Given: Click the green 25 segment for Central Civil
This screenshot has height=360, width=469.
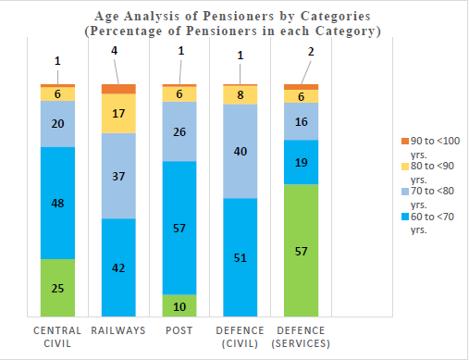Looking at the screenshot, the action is (57, 288).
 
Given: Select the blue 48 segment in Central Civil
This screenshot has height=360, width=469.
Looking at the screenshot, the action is (57, 203).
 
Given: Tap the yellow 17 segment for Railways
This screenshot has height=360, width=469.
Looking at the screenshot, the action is (118, 113).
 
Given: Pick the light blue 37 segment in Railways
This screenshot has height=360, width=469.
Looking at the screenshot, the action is (118, 176).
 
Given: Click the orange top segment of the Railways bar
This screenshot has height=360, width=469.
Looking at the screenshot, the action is (118, 89).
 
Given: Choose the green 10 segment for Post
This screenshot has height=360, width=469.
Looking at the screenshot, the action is (179, 305).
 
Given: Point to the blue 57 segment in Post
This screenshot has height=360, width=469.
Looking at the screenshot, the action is (179, 228).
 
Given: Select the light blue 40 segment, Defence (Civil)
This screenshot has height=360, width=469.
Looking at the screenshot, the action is (241, 151).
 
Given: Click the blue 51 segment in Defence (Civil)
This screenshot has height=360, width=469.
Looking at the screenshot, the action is (241, 257).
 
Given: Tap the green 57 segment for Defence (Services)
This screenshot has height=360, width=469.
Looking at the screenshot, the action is (301, 251).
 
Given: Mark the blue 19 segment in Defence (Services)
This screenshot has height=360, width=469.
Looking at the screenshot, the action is (301, 162).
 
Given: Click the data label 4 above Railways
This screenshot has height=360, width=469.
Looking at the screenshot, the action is (115, 51).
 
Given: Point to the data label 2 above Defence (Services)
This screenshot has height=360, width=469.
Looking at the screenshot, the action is (311, 52).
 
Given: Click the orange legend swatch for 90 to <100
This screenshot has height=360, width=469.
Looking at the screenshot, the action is (405, 142).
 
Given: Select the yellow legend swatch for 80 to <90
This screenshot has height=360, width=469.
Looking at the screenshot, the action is (405, 167).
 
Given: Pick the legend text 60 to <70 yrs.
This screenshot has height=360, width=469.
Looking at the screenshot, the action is (432, 223).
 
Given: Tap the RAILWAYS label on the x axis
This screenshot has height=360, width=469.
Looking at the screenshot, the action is (118, 330).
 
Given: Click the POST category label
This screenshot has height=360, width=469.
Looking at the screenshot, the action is (179, 330).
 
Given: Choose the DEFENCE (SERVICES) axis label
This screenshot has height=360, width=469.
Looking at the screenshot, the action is (301, 337).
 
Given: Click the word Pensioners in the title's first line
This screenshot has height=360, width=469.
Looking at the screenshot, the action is (238, 16).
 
